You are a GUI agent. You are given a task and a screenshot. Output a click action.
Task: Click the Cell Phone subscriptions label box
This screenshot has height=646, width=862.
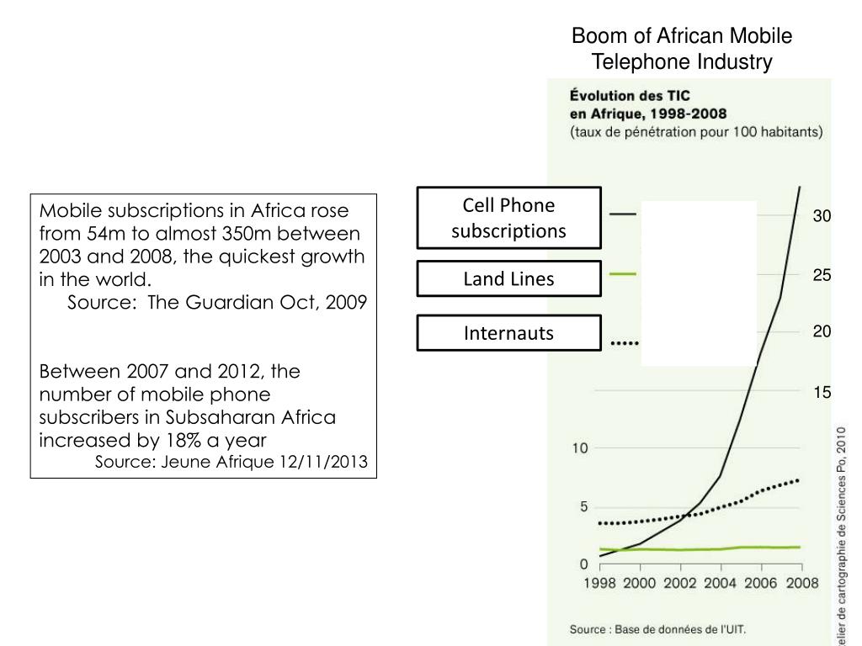[508, 217]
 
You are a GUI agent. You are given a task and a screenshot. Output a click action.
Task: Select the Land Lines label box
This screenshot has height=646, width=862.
[508, 279]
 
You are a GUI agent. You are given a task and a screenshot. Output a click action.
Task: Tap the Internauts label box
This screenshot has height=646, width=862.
[508, 333]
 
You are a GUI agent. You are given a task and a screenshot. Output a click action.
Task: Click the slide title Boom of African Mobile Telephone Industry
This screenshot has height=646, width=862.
[682, 49]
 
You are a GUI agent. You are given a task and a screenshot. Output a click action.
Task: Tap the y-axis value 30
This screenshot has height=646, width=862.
[822, 217]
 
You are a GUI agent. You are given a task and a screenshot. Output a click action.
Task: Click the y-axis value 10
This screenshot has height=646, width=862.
[580, 447]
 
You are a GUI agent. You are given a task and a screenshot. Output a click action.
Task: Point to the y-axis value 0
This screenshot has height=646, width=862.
[583, 564]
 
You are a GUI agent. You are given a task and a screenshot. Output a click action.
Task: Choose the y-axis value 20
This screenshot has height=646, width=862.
[822, 332]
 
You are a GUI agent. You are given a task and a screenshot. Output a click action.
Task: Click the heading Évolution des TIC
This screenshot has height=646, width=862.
[631, 96]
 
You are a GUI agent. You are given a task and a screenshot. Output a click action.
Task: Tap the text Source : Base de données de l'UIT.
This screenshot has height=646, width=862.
[657, 628]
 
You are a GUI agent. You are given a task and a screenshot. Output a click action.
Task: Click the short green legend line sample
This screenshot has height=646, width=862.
[624, 273]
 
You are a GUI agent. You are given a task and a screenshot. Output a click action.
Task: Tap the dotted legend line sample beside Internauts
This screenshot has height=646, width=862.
[625, 343]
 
